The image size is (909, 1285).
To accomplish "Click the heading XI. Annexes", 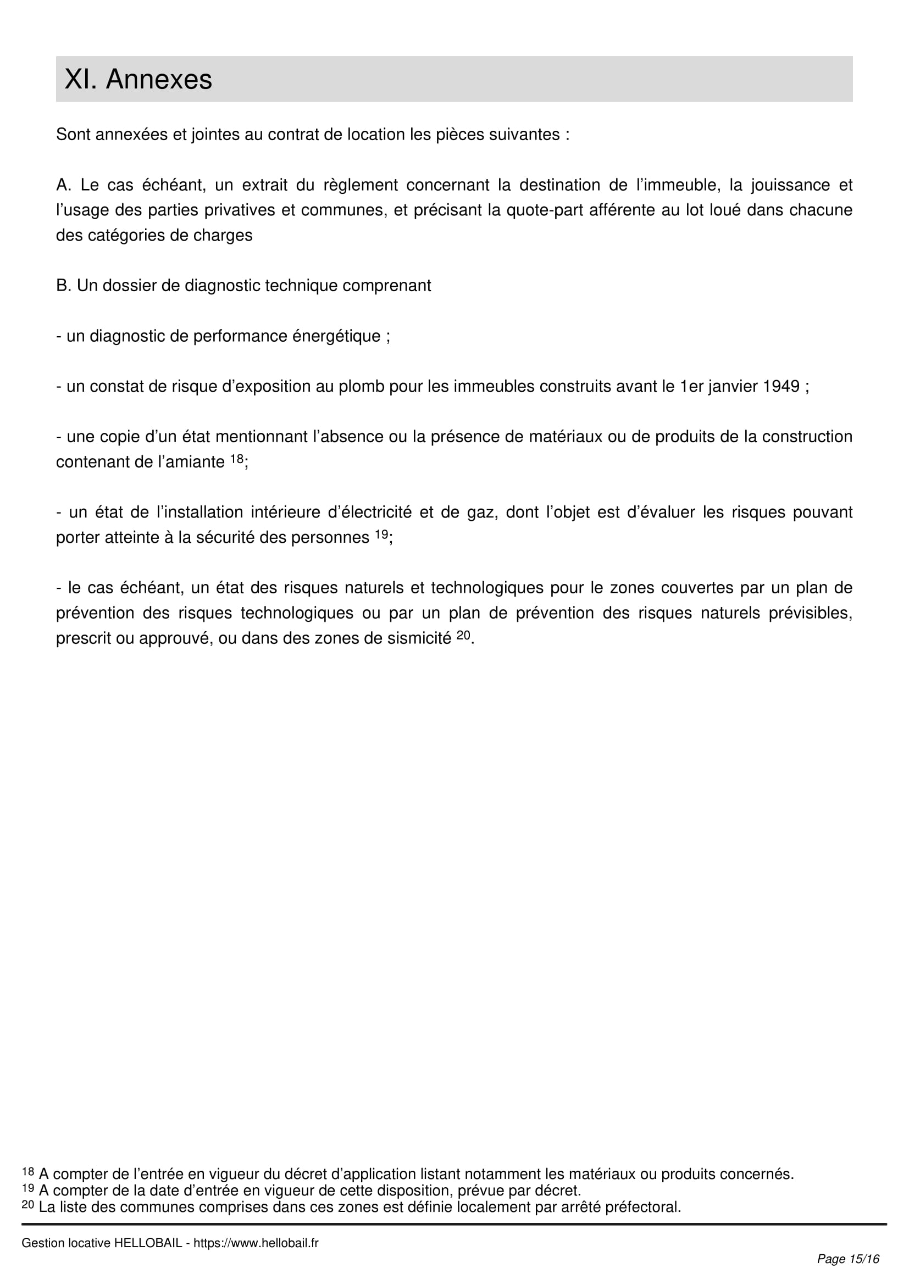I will [138, 79].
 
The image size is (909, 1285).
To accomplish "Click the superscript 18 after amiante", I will [237, 458].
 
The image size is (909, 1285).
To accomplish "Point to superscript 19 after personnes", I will [382, 534].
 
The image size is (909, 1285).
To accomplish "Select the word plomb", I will [361, 386].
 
